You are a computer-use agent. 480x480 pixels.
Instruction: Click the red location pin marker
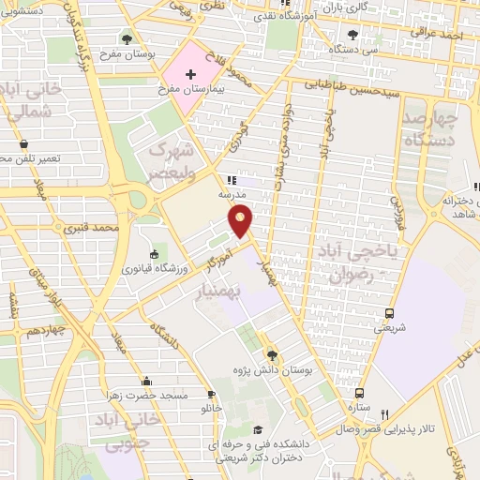coord(242,220)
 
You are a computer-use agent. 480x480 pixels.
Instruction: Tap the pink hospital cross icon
coord(190,73)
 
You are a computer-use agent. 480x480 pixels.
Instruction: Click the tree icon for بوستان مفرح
coord(127,39)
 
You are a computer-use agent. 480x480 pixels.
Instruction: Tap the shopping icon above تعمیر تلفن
coord(23,144)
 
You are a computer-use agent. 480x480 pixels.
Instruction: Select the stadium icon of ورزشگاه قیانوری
coord(155,252)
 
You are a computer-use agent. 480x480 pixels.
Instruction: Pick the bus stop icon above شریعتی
coord(388,313)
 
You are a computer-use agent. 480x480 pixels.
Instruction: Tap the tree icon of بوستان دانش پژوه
coord(272,354)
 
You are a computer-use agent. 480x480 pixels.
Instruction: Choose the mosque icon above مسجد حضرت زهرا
coord(146,382)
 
